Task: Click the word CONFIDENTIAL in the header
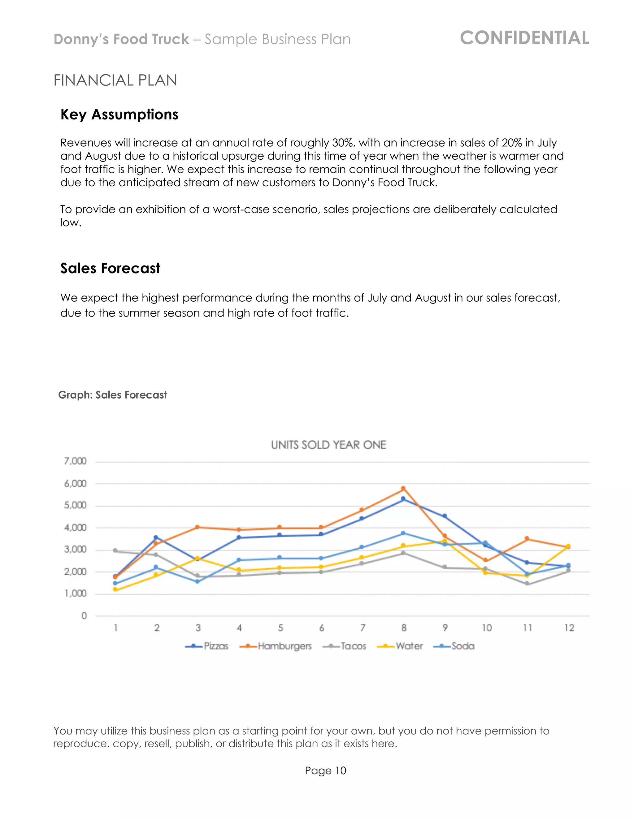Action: coord(524,38)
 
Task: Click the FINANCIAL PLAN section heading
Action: coord(115,80)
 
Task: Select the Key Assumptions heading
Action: coord(119,114)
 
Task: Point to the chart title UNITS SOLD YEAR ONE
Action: coord(329,445)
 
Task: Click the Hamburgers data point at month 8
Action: coord(403,489)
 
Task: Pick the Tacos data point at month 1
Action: coord(115,550)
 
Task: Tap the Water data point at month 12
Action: coord(568,546)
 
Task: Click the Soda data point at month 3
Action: coord(197,582)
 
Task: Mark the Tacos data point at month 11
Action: coord(527,584)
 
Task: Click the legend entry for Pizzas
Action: coord(207,646)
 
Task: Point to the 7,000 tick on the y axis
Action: coord(76,461)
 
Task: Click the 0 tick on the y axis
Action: coord(84,616)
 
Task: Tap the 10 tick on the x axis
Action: coord(486,628)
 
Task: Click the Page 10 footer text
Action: coord(325,770)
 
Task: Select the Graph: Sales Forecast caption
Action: coord(112,395)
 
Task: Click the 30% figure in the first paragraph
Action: coord(343,143)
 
